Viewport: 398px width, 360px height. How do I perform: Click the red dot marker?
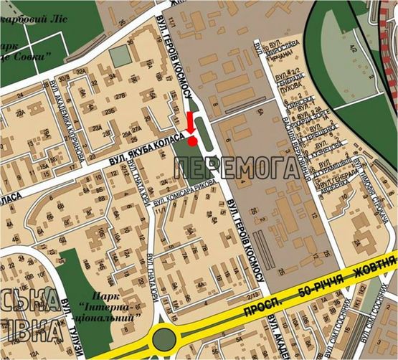point(193,141)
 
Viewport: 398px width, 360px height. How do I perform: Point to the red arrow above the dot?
point(189,123)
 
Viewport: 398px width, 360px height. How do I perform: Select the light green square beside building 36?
point(121,55)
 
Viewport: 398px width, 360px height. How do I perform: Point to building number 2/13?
point(250,298)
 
